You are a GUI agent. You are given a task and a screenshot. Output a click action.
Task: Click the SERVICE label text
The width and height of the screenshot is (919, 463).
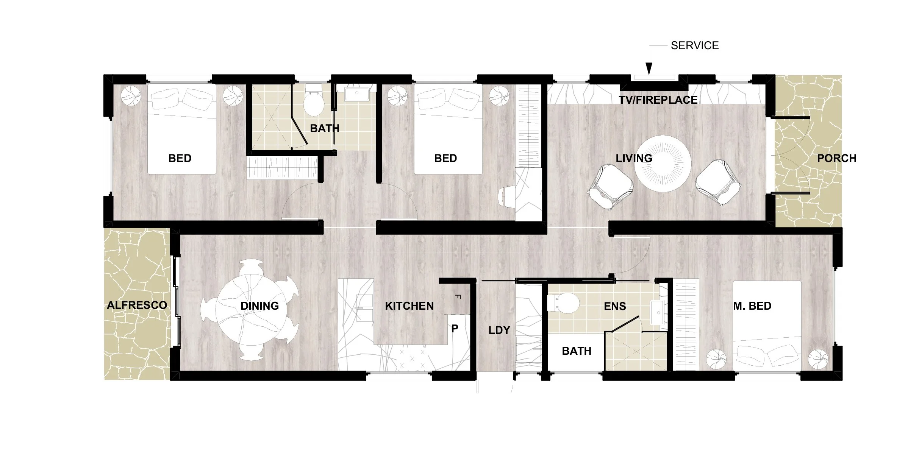[x=694, y=45]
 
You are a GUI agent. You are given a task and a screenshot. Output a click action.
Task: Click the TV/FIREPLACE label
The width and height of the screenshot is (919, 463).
[x=658, y=100]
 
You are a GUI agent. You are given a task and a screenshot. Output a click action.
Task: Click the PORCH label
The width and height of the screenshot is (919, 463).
[x=836, y=158]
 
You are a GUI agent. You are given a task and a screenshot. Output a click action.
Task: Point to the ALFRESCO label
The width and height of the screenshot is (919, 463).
[x=137, y=305]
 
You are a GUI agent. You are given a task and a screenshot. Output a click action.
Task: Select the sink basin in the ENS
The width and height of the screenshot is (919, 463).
[x=656, y=312]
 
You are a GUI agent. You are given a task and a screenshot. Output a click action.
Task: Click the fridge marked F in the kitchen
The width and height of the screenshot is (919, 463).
[x=457, y=299]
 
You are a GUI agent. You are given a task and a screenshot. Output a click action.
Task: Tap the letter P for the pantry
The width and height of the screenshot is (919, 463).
[x=455, y=329]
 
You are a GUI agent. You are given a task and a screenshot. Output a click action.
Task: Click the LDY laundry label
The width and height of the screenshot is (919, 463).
[x=499, y=330]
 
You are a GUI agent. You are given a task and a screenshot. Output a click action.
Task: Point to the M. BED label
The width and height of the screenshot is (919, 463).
[x=752, y=306]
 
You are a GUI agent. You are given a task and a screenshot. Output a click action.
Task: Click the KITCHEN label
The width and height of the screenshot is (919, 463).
[x=409, y=306]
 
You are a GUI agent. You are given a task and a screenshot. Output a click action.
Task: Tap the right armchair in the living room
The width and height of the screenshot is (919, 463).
[x=718, y=182]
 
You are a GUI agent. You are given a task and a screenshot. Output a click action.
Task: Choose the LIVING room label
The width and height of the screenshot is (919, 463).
[x=634, y=158]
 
